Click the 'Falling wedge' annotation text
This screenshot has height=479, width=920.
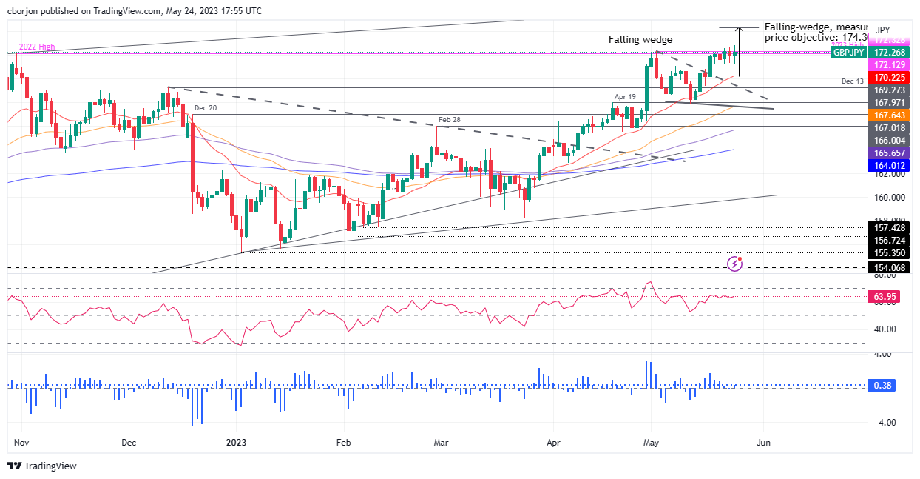[640, 39]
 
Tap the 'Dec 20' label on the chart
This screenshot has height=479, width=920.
[207, 108]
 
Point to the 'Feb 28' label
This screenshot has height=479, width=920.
[450, 119]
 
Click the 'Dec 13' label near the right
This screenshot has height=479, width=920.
[852, 80]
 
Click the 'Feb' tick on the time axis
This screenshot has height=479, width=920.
[342, 443]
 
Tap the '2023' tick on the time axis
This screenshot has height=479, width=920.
[236, 443]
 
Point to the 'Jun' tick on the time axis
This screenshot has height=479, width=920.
[764, 443]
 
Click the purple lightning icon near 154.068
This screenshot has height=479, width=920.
[735, 264]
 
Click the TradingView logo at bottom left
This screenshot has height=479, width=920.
[42, 466]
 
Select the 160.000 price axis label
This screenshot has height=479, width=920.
[890, 198]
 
